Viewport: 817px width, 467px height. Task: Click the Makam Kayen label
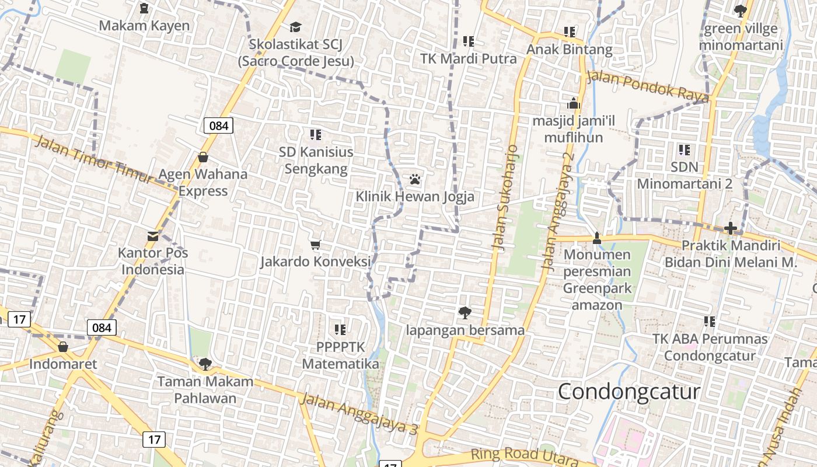(x=144, y=26)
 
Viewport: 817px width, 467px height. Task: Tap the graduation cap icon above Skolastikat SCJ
(x=295, y=27)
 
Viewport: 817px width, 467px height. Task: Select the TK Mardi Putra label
(x=469, y=59)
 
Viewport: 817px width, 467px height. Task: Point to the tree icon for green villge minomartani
(x=740, y=11)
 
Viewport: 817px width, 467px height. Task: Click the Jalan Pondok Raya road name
(x=648, y=86)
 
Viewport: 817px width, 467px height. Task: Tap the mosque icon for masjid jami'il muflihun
(x=574, y=103)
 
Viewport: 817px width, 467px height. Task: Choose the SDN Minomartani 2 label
(x=684, y=175)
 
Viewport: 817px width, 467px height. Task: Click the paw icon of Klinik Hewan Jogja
(x=415, y=179)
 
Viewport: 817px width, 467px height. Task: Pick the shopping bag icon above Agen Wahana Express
(x=203, y=156)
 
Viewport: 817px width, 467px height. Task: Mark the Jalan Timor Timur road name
(x=93, y=158)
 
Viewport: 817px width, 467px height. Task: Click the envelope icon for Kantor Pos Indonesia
(x=153, y=236)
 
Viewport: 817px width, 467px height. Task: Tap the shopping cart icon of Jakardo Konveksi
(x=316, y=245)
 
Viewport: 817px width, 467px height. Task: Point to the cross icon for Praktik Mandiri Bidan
(x=730, y=228)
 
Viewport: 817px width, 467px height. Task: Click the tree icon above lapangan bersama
(x=465, y=313)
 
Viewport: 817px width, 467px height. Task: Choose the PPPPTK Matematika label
(x=340, y=356)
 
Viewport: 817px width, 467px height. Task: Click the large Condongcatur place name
(x=629, y=391)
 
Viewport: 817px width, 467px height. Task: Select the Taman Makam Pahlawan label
(x=205, y=390)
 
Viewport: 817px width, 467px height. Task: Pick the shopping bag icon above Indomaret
(x=63, y=347)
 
